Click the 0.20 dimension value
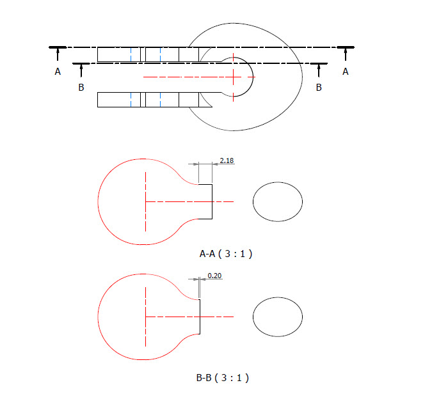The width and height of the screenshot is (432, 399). pyautogui.click(x=214, y=276)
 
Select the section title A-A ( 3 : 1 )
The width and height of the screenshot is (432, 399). pyautogui.click(x=226, y=254)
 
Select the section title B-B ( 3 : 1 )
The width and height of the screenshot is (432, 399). pyautogui.click(x=222, y=377)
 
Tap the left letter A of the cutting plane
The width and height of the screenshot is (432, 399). pyautogui.click(x=58, y=72)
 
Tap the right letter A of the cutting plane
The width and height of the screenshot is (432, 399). pyautogui.click(x=346, y=72)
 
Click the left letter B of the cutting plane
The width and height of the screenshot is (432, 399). pyautogui.click(x=81, y=87)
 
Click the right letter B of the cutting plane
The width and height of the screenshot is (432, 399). pyautogui.click(x=319, y=87)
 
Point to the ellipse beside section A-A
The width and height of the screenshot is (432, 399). pyautogui.click(x=278, y=201)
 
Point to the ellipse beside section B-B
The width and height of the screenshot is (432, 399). pyautogui.click(x=278, y=317)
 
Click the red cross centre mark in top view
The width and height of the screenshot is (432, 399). pyautogui.click(x=234, y=77)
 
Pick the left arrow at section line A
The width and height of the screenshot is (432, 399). pyautogui.click(x=58, y=56)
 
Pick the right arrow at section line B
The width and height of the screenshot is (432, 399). pyautogui.click(x=319, y=71)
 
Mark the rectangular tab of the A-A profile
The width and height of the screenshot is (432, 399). pyautogui.click(x=205, y=201)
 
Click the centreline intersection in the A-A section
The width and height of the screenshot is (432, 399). pyautogui.click(x=146, y=201)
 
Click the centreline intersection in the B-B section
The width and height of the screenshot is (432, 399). pyautogui.click(x=146, y=317)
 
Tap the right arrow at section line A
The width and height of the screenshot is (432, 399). pyautogui.click(x=346, y=56)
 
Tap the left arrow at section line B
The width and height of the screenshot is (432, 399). pyautogui.click(x=81, y=71)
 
